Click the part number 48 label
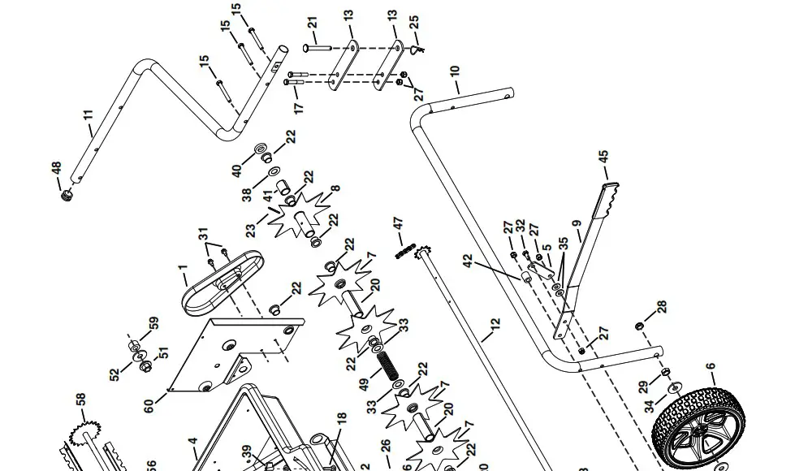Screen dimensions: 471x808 56,169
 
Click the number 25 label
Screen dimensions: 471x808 414,26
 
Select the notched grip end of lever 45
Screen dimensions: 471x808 610,199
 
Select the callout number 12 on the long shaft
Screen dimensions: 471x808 495,328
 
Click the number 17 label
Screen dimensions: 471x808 298,106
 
